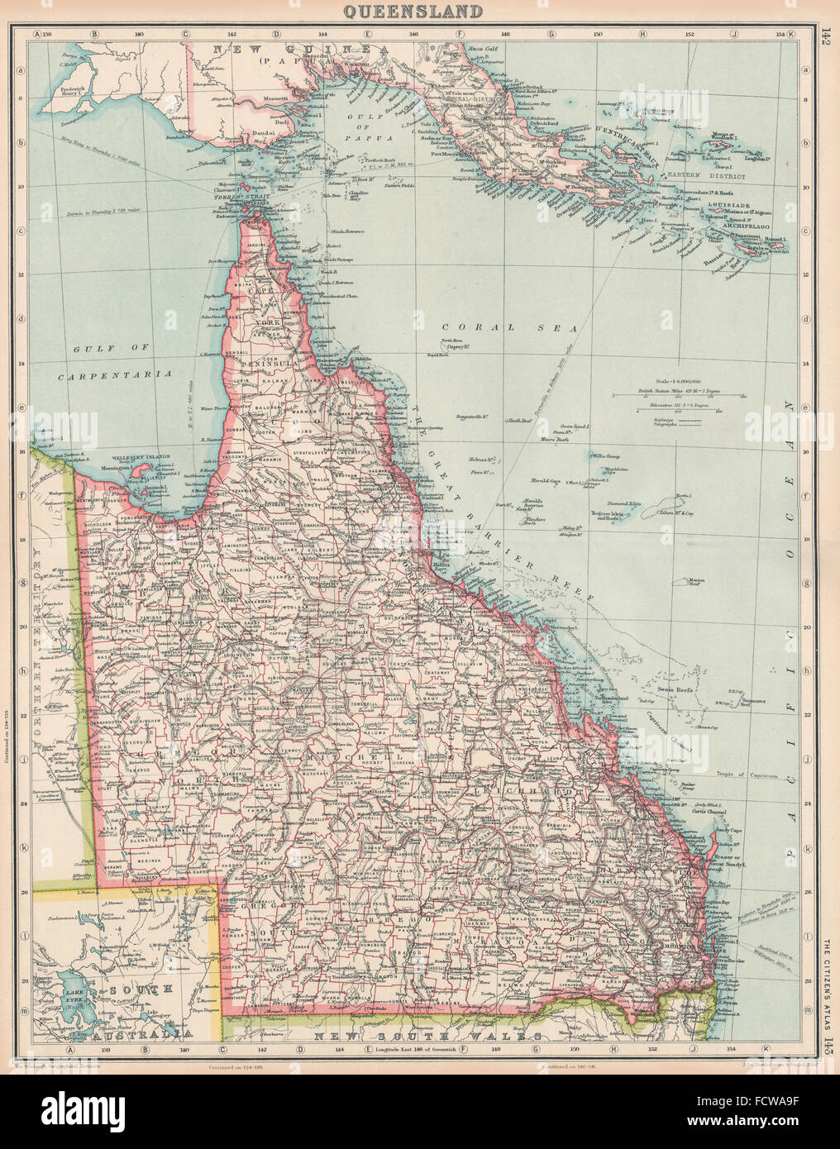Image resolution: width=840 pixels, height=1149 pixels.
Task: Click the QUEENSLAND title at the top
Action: point(420,11)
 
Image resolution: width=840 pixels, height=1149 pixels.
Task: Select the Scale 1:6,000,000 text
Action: point(677,380)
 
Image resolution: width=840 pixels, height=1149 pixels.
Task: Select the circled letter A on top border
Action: point(36,35)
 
